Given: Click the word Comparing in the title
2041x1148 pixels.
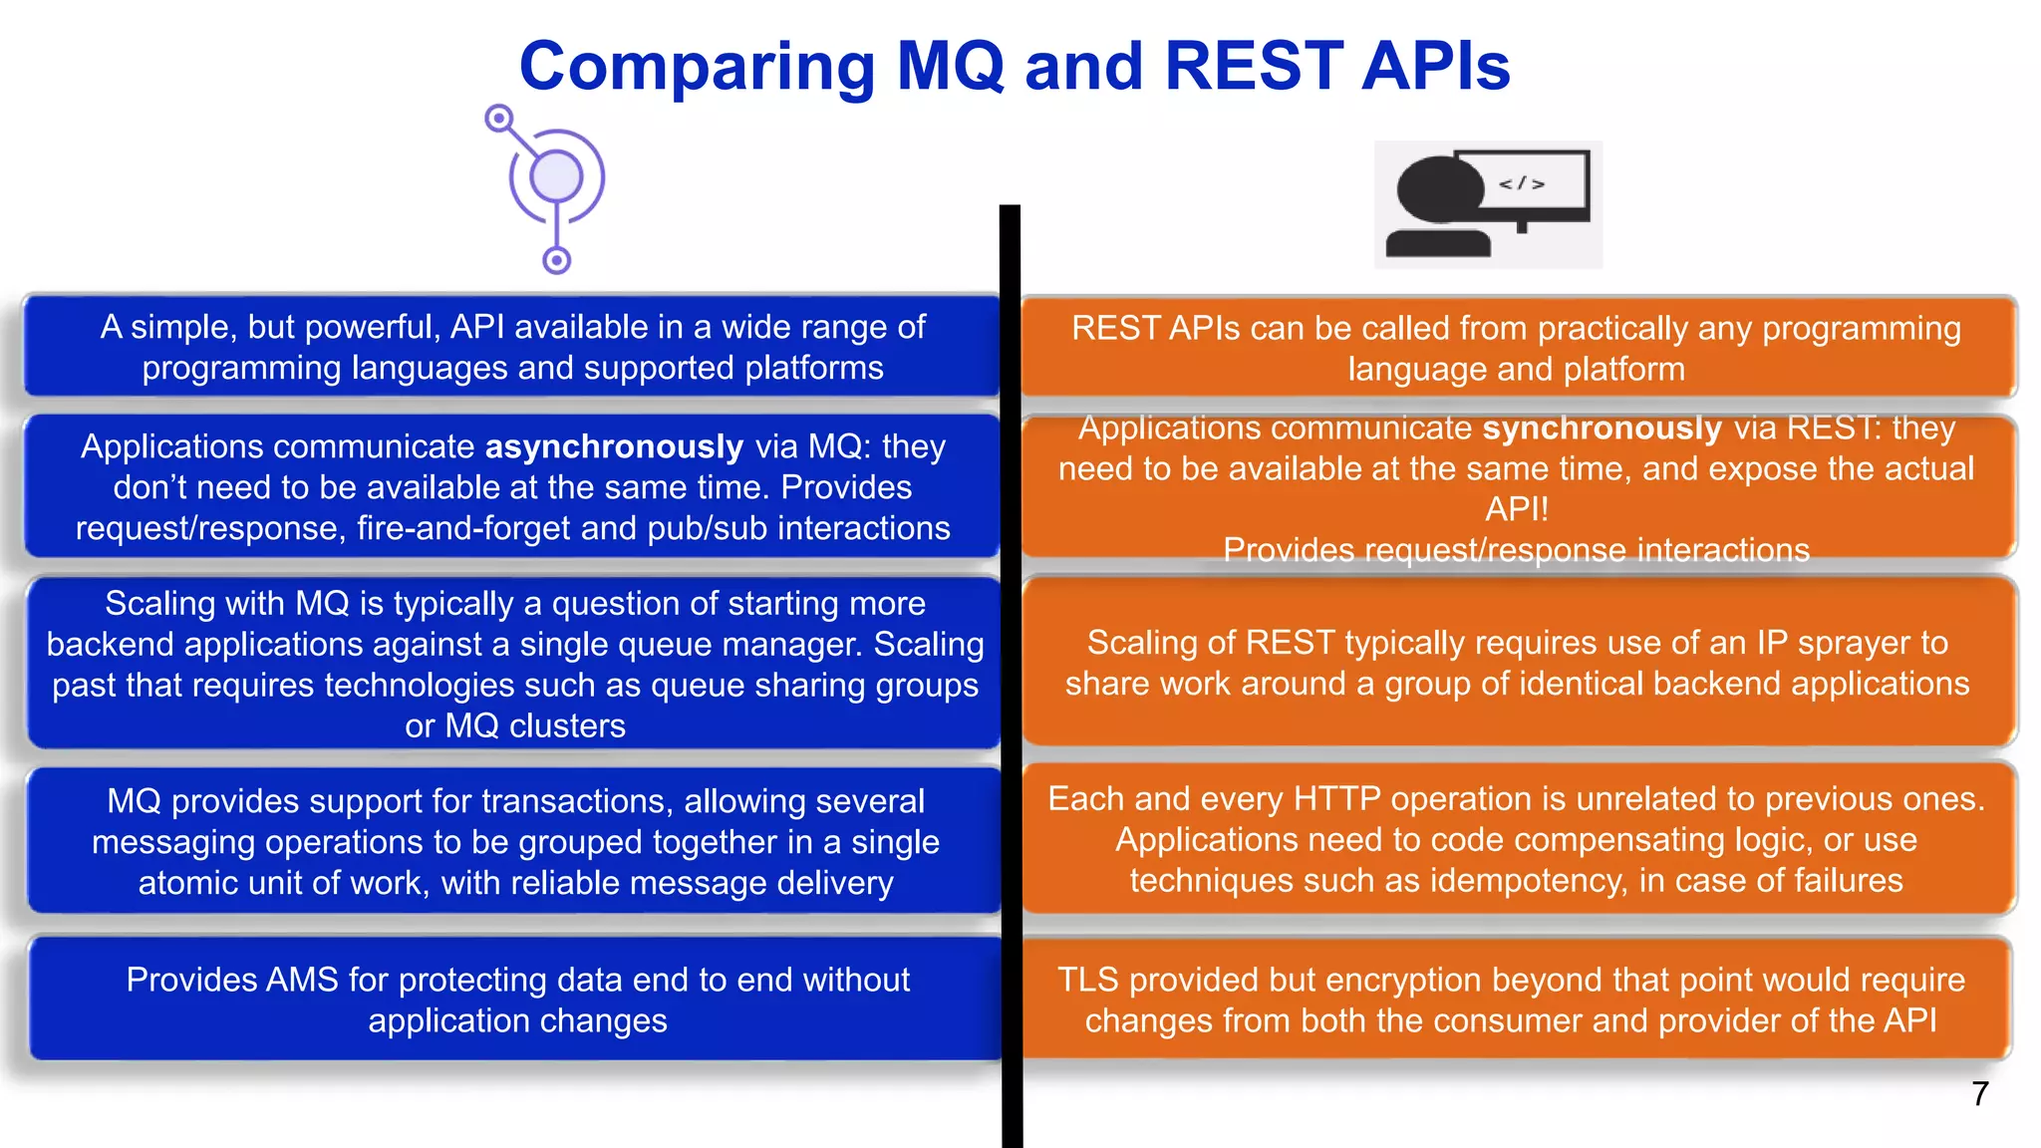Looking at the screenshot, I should pyautogui.click(x=697, y=68).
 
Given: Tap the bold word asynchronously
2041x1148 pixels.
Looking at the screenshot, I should pyautogui.click(x=614, y=446).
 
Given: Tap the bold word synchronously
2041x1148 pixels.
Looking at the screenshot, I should pyautogui.click(x=1602, y=428).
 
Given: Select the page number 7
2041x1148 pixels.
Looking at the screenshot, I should pyautogui.click(x=1979, y=1094).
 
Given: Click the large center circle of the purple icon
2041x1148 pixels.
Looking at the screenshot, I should pyautogui.click(x=556, y=177).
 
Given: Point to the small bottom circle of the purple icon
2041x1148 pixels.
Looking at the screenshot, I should pyautogui.click(x=556, y=261).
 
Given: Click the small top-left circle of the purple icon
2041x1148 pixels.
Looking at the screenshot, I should pyautogui.click(x=499, y=119).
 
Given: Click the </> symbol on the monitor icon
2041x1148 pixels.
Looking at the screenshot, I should pyautogui.click(x=1522, y=183).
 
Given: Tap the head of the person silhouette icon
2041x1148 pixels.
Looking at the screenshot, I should pyautogui.click(x=1440, y=189).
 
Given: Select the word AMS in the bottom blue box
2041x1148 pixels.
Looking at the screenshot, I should pyautogui.click(x=302, y=980).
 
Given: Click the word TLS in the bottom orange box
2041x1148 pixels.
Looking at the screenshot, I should pyautogui.click(x=1088, y=980).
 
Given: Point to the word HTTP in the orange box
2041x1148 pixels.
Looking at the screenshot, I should pyautogui.click(x=1336, y=799).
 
